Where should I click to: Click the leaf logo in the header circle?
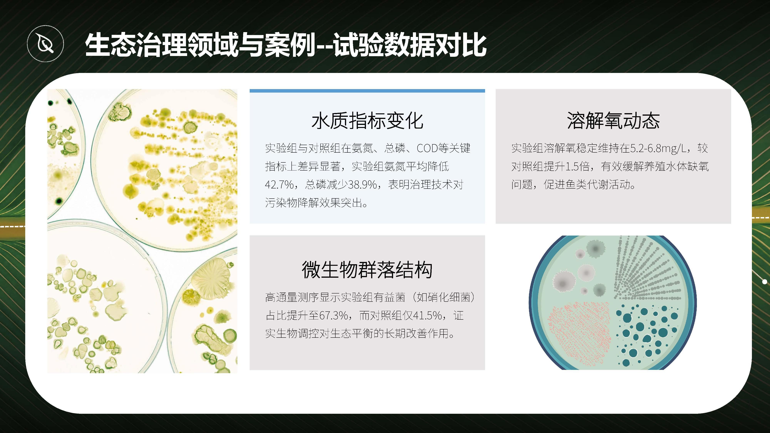[x=45, y=44]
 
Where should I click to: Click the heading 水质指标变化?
[x=367, y=121]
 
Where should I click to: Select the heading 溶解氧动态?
[x=613, y=121]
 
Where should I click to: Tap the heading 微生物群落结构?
[x=367, y=270]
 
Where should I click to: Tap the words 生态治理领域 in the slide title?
[x=162, y=45]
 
